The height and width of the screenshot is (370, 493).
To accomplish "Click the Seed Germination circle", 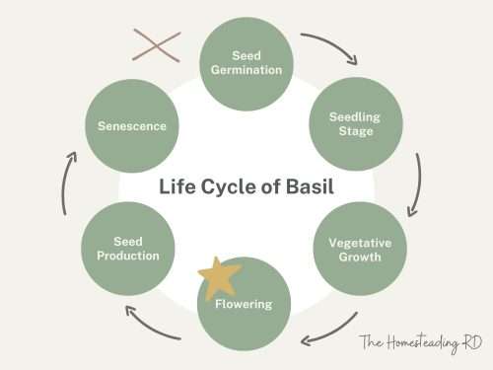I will point(246,62).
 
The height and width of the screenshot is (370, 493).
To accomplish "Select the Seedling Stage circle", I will point(353,124).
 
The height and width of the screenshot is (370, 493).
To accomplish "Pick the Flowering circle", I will point(246,304).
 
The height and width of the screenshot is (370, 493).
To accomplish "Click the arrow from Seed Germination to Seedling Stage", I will point(329,47).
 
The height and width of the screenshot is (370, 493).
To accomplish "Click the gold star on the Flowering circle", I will point(219,279).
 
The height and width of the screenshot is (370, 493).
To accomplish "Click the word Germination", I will point(246,70).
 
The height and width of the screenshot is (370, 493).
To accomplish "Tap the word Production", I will point(127,256).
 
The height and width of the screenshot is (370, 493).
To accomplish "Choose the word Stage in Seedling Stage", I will point(353,131).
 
